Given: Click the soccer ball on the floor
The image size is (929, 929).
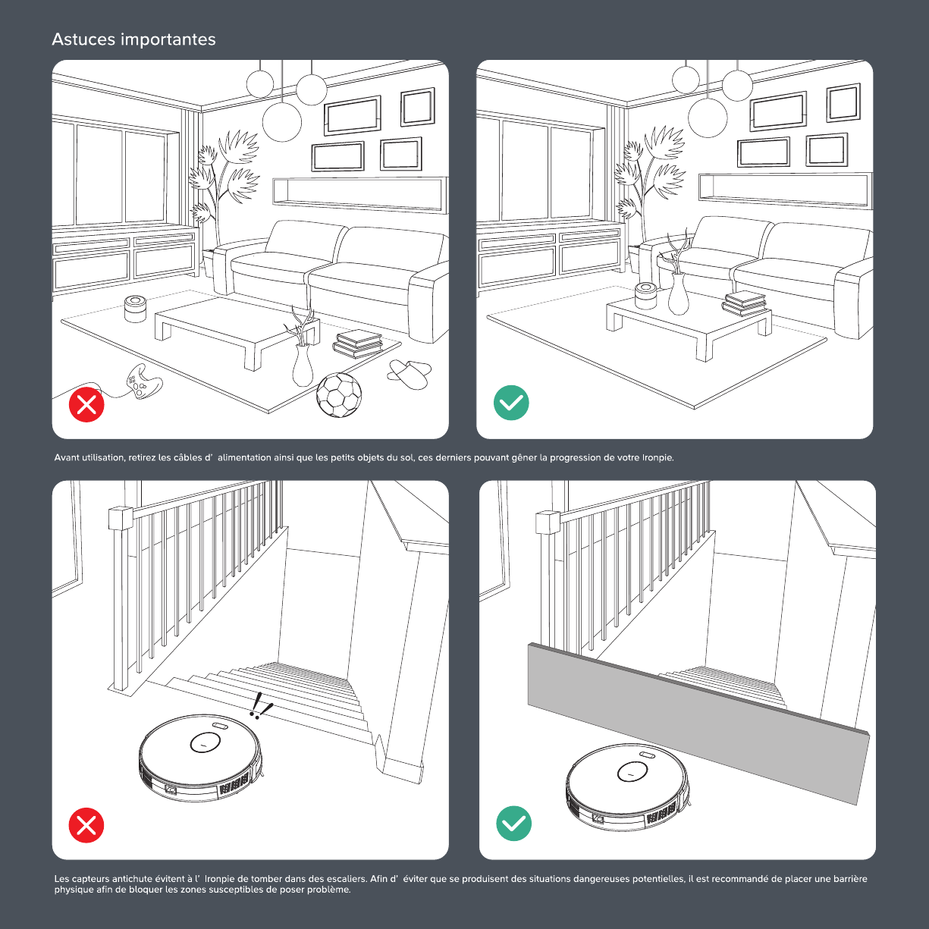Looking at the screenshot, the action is (339, 395).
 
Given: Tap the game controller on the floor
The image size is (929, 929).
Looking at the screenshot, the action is (143, 382).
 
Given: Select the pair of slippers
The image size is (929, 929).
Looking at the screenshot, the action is (410, 374).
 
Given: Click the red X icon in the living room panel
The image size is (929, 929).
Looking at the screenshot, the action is (86, 404).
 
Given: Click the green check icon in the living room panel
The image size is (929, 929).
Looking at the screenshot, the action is (511, 403).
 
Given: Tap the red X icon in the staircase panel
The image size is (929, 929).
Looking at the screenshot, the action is (86, 825).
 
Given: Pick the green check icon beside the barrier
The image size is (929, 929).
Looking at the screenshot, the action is (514, 824).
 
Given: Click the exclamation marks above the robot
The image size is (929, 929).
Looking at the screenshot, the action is (260, 706).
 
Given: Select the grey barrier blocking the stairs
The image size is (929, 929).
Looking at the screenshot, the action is (698, 723).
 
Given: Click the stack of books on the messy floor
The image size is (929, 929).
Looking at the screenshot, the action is (358, 344).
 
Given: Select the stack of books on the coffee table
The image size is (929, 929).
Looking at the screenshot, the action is (744, 303).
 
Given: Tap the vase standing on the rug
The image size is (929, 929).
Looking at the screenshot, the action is (303, 365).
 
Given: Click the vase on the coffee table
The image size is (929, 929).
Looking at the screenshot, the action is (678, 293).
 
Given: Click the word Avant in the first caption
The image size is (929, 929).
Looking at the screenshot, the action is (67, 457).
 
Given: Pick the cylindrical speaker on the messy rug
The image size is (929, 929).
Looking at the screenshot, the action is (136, 309).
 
